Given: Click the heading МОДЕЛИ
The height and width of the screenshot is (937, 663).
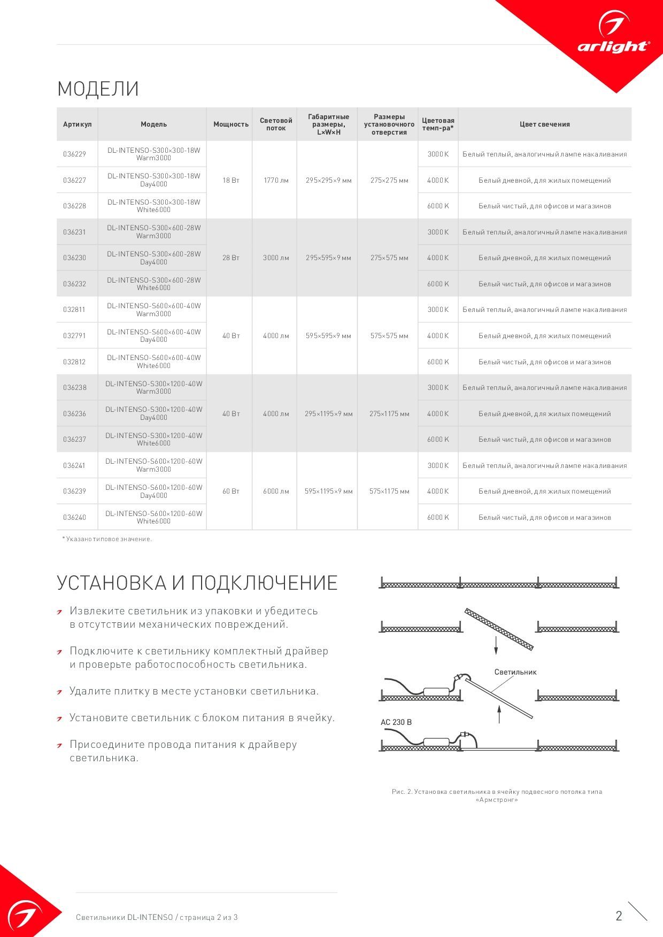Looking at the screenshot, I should tap(98, 89).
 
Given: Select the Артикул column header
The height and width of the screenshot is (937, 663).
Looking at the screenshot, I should tap(77, 124).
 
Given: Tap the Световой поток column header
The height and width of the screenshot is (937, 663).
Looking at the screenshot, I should tap(276, 124).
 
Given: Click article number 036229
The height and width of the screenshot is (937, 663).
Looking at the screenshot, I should tap(74, 154).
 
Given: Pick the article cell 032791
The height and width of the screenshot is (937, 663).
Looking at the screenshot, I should tap(74, 336).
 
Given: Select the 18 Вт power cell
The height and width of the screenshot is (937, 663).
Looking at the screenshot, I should tap(231, 181).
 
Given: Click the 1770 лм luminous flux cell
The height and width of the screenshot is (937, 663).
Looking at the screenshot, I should tap(276, 181).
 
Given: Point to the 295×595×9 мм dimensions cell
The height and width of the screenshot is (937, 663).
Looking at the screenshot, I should tap(328, 258).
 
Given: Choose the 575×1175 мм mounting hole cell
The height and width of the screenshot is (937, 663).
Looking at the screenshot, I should tap(389, 491).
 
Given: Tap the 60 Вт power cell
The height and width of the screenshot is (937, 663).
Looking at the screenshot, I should tap(231, 491).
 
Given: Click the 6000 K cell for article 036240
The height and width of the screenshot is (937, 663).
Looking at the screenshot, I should tap(438, 518).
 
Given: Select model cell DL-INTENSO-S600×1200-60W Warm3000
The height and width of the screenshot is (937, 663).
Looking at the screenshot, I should tap(154, 465).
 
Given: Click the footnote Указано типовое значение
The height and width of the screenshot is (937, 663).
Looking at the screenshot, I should tap(107, 539).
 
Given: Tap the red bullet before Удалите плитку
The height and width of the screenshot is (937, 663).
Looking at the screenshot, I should tap(60, 692).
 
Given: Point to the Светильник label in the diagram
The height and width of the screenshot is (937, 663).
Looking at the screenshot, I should tap(515, 672).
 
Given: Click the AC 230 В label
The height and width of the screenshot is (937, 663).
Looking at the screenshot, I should tap(396, 722).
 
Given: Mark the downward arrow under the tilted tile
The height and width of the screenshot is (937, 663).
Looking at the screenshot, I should tap(496, 646).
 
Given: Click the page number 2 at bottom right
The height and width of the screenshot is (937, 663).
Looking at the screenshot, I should tap(619, 916).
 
